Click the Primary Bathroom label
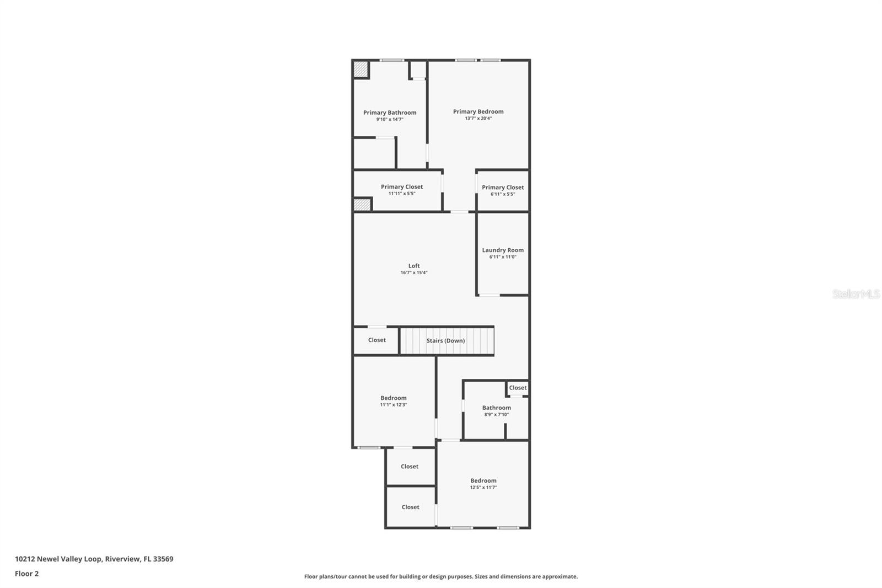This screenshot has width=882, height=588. coord(390,113)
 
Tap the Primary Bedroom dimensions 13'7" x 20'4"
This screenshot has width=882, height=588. coord(478,118)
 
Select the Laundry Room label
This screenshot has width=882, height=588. coord(503,250)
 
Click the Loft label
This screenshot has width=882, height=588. coord(414,266)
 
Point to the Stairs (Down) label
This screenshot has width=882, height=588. coord(445,341)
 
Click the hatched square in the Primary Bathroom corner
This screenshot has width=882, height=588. coord(361,70)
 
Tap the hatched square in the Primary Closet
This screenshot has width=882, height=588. coord(362,204)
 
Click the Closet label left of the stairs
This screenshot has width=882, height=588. coord(377,340)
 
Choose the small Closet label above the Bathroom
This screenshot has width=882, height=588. coord(518,388)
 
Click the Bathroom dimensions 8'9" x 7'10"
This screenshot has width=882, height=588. coord(497,415)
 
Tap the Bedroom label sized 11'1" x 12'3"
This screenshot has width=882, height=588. coord(394,398)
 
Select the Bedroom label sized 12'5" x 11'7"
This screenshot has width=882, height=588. coord(483,481)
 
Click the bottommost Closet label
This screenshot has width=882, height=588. coord(411,507)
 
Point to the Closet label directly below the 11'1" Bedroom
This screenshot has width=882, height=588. coord(410,467)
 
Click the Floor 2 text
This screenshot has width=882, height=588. coord(26,574)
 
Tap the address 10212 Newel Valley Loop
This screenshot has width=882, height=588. coord(58,559)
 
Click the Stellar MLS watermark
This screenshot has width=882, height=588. coord(856,294)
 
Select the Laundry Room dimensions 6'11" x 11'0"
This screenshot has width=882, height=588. coord(503,257)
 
